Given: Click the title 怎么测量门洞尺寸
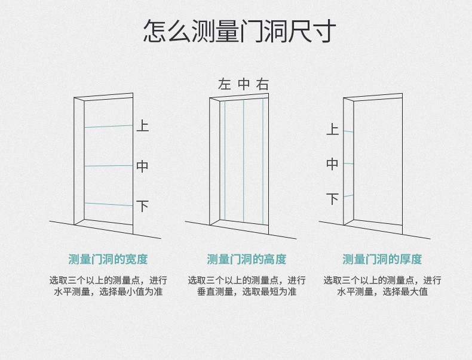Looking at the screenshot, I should (240, 31).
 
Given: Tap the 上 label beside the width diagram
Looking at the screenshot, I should (142, 126).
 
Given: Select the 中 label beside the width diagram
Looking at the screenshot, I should (142, 166).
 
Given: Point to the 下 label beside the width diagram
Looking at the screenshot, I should (142, 206).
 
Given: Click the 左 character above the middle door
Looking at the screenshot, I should (225, 84).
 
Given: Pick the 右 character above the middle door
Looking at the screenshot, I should (262, 84).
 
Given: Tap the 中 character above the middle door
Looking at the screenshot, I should (244, 84).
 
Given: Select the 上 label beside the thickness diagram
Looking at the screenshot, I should (332, 129).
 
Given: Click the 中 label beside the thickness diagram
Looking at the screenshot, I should (332, 164).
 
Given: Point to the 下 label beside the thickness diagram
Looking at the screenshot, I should (332, 198).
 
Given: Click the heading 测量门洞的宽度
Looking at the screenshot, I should (108, 259).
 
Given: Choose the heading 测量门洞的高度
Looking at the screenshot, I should (246, 259).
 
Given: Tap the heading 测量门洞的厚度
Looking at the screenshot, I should (382, 259).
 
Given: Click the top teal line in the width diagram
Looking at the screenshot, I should (108, 127).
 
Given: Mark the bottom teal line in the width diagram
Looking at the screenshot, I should (108, 204).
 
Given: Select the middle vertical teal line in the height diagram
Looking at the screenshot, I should (244, 161).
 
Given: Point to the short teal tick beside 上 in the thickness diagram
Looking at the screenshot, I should (348, 131).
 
